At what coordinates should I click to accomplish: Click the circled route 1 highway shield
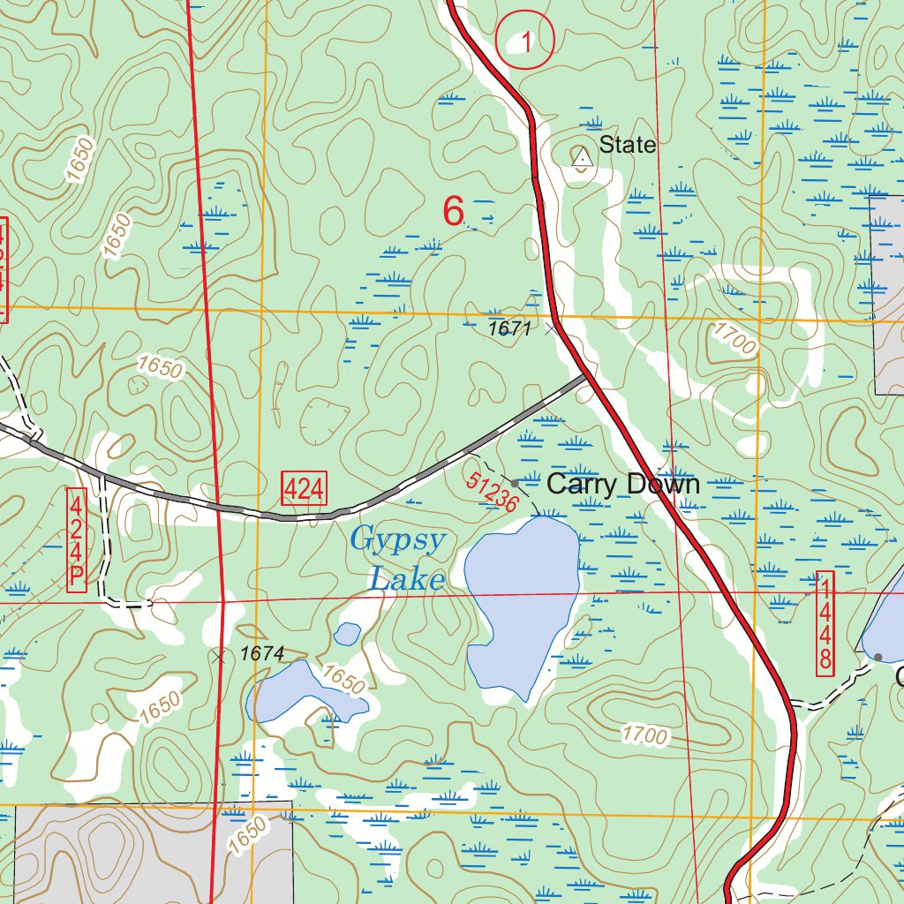pos(524,41)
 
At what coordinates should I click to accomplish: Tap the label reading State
pos(628,145)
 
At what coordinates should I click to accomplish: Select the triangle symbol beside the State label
pos(581,158)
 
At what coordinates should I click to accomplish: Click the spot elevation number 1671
pos(511,329)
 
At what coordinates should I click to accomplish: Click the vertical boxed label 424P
pos(77,539)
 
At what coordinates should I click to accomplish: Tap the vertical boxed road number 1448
pos(825,623)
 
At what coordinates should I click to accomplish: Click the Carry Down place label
pos(622,484)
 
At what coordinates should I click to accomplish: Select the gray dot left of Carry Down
pos(516,483)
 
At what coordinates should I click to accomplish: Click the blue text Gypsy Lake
pos(399,559)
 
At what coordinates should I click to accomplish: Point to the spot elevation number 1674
pos(261,654)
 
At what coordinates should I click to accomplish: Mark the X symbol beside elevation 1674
pos(219,656)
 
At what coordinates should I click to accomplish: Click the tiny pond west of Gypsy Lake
pos(348,633)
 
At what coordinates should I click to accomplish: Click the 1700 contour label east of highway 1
pos(731,339)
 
